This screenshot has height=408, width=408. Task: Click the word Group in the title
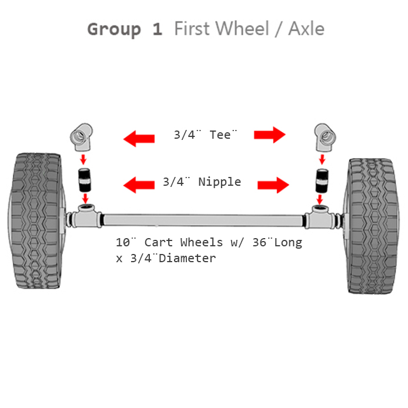114,30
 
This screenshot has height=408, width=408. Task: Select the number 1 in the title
158,29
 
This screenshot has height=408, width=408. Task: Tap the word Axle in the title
306,28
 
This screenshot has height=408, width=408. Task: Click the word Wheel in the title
243,28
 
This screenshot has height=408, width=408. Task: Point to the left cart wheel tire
36,220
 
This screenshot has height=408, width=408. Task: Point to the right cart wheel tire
372,226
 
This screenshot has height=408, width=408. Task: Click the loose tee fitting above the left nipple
82,137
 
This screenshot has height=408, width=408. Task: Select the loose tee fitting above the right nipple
325,137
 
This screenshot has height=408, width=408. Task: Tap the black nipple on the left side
85,180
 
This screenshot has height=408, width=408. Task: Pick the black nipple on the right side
322,181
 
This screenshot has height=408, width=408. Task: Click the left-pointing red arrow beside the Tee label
139,139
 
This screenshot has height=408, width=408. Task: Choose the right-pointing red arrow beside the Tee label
270,135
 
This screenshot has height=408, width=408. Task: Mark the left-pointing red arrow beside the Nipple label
139,185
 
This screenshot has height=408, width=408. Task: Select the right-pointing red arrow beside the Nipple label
273,185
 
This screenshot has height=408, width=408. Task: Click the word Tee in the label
220,135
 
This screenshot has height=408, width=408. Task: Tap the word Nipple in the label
220,182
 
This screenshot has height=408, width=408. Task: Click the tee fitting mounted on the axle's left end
86,216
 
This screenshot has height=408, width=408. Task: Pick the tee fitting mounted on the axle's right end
320,217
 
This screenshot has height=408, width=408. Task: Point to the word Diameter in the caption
188,259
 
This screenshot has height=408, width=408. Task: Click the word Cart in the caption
159,243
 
